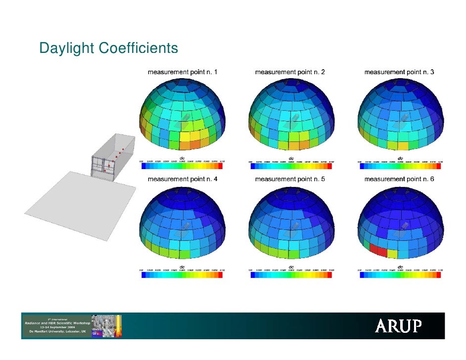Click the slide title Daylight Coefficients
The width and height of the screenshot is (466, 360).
pyautogui.click(x=108, y=49)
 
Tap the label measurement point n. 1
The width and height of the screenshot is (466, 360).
pyautogui.click(x=183, y=72)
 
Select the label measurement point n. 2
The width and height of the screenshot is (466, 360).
pyautogui.click(x=290, y=72)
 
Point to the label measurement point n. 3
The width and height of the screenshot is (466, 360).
pyautogui.click(x=399, y=72)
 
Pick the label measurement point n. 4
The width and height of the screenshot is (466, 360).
pyautogui.click(x=183, y=179)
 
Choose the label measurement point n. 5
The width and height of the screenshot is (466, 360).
pyautogui.click(x=290, y=179)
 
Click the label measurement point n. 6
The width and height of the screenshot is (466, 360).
pyautogui.click(x=399, y=179)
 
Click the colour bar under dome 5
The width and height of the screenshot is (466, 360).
pyautogui.click(x=291, y=274)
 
